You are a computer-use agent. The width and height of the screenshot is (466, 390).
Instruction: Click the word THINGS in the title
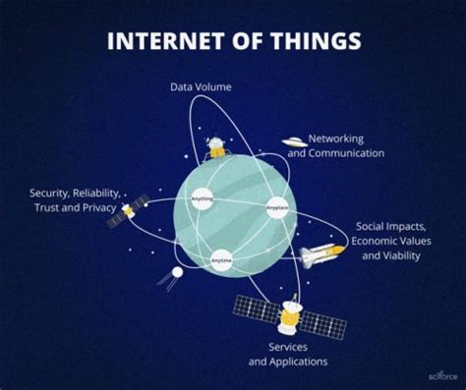point(317,40)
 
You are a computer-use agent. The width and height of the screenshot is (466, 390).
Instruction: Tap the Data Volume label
point(201,87)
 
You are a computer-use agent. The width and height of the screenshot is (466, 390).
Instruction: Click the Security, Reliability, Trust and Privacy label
point(72,201)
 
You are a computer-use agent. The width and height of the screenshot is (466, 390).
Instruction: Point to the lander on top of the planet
point(215,147)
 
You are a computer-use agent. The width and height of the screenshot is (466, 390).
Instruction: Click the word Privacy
point(99,209)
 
